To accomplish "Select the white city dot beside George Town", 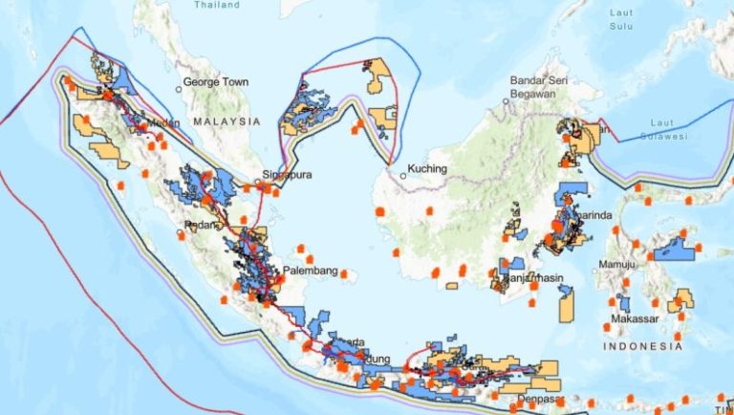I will [179, 89].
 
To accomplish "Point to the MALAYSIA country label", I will [227, 122].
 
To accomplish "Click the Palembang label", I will [310, 271].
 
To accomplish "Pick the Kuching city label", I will [427, 170].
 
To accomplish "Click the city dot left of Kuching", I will [403, 176].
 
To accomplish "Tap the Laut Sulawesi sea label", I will [668, 130].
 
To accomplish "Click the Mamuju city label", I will [617, 263].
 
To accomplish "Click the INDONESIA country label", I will [642, 346].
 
